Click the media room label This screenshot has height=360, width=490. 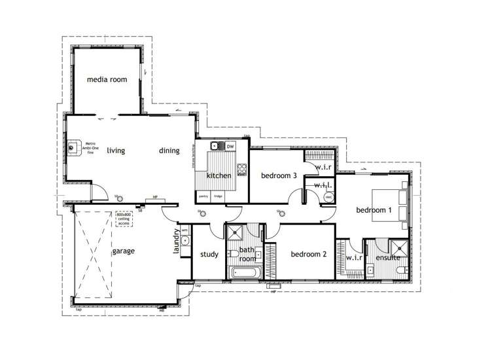tap(107, 80)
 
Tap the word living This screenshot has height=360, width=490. tap(116, 151)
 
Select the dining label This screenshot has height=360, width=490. tap(169, 151)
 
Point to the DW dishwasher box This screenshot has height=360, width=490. tap(230, 147)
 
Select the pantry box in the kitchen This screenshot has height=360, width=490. tap(203, 196)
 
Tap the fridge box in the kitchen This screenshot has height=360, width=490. tap(218, 196)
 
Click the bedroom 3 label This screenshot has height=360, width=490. tap(279, 175)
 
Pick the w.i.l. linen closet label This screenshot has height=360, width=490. tap(323, 185)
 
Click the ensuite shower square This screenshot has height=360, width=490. tap(397, 248)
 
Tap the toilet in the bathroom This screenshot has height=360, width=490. tap(233, 254)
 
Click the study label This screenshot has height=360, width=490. tap(209, 255)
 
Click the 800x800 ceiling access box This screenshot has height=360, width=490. tap(124, 219)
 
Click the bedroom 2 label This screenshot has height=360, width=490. tap(308, 254)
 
